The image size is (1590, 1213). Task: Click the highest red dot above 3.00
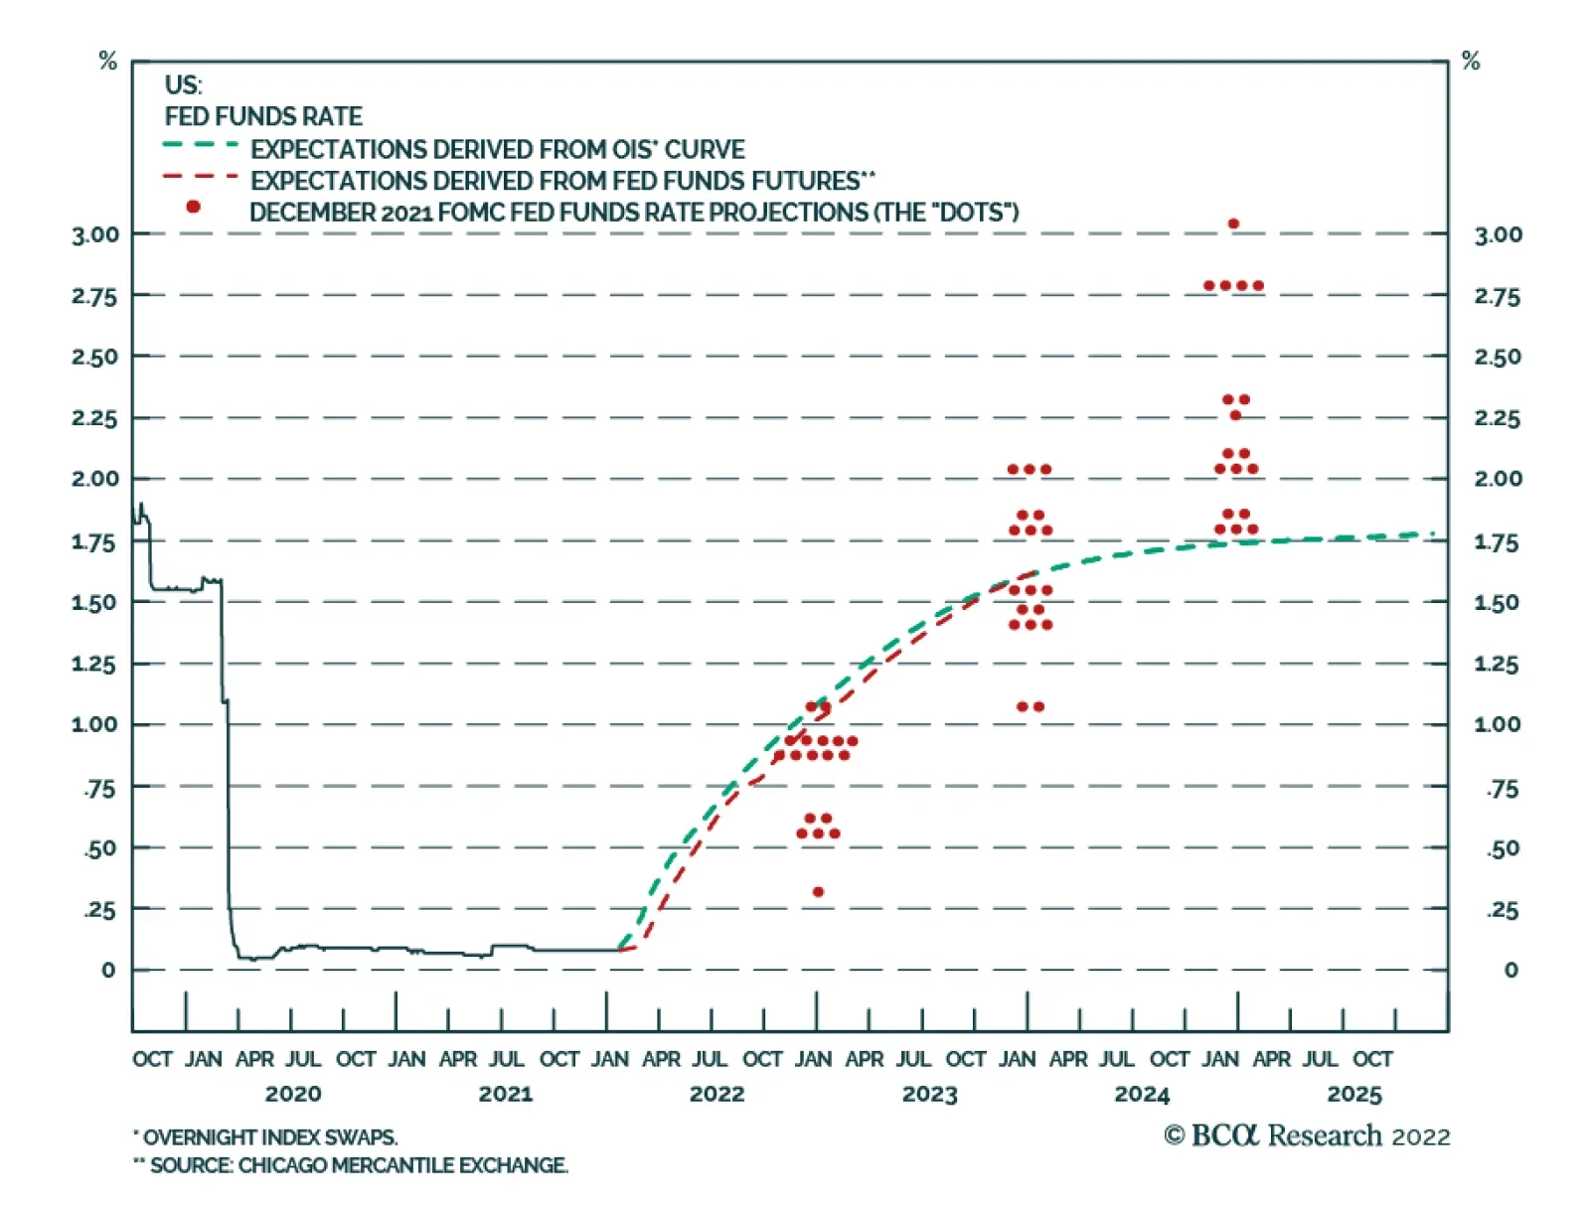point(1233,224)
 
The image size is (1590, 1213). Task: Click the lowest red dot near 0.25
point(818,891)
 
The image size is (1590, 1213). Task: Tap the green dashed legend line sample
point(201,145)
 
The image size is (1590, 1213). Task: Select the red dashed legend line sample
point(201,177)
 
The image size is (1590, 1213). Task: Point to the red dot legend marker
point(193,207)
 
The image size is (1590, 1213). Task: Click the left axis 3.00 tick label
point(94,235)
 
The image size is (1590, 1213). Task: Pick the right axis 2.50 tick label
point(1497,357)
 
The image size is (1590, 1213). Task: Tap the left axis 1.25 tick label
point(94,664)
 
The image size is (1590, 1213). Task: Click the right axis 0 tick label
point(1510,970)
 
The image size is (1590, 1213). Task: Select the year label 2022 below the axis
point(716,1094)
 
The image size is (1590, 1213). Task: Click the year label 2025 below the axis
point(1353,1094)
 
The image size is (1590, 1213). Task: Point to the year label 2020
point(293,1094)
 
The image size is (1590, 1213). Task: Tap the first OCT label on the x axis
point(152,1059)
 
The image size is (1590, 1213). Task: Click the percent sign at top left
point(108,62)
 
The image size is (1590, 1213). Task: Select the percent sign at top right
point(1471,62)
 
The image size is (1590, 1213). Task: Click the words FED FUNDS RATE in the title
point(263,116)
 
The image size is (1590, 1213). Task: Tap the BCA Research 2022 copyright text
point(1307,1136)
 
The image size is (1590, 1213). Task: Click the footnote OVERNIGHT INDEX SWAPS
point(268,1137)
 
